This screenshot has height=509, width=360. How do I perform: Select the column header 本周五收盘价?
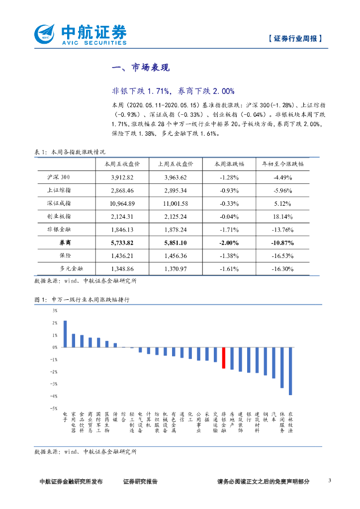[x=122, y=164]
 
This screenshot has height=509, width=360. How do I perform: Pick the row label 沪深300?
[x=61, y=177]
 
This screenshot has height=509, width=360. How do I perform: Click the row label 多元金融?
[x=72, y=268]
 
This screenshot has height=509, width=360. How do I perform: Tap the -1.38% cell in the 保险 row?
[x=229, y=255]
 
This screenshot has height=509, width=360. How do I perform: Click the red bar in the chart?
[x=224, y=357]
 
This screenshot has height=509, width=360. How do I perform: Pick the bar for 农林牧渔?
[x=290, y=371]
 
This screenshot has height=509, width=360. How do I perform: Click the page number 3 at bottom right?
[x=330, y=481]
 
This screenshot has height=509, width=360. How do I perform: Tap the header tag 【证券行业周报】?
[x=295, y=38]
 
